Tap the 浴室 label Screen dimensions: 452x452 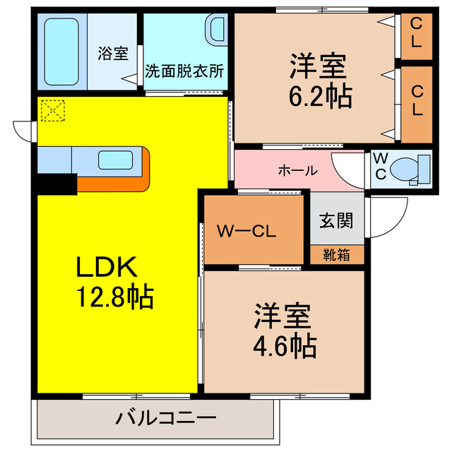(x=113, y=54)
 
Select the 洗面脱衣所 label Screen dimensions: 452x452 (x=184, y=71)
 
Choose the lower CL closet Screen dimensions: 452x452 (x=415, y=101)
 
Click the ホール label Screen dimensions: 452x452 (x=297, y=170)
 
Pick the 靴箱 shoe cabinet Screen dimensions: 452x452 (x=336, y=255)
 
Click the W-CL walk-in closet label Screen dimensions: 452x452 (x=246, y=230)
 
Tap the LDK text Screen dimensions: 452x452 (x=105, y=266)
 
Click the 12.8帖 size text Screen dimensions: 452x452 (x=115, y=297)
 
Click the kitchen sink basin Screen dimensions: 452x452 (x=115, y=160)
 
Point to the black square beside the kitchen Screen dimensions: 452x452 (x=56, y=183)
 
